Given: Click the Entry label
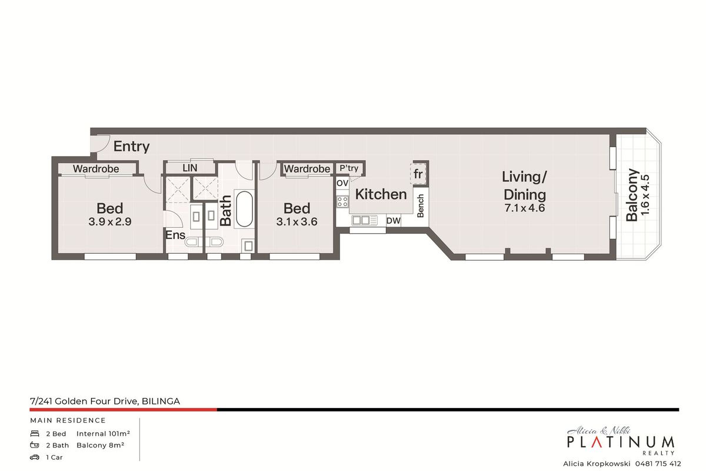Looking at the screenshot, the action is [x=131, y=147].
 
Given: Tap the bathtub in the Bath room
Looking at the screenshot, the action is [x=244, y=208].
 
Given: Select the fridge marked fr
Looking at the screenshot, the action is [x=418, y=174].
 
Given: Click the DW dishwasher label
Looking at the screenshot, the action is [x=394, y=221].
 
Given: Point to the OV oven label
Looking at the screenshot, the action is [x=342, y=183].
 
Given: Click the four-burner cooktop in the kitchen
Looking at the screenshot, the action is [x=342, y=201].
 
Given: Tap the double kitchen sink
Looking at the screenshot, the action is [x=364, y=220].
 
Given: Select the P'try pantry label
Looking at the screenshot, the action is [x=349, y=168].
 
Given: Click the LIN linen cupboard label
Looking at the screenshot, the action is [x=190, y=168].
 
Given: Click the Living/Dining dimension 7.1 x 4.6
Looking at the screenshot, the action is [x=524, y=208].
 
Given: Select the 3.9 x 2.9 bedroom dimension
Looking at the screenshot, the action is [x=109, y=222].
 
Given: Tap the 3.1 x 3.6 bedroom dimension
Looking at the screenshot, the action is [x=297, y=222].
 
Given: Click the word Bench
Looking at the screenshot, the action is [x=421, y=205].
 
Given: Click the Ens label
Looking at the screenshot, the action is [x=175, y=235].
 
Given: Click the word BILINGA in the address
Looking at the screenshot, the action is [x=161, y=402].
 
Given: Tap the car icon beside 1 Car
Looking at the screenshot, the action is [x=35, y=457].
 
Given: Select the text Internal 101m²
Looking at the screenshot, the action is [x=103, y=434].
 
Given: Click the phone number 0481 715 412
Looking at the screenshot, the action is [x=658, y=464].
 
